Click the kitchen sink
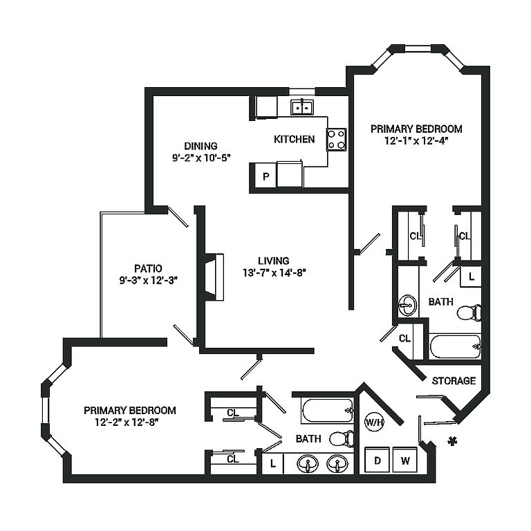(x=301, y=107)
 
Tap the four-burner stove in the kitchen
(x=336, y=140)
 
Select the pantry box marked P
(x=265, y=176)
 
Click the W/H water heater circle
(x=374, y=422)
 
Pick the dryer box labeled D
(x=378, y=460)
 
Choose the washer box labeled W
(x=405, y=460)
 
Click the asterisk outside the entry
(x=451, y=441)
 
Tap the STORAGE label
(x=454, y=381)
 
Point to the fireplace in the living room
(x=215, y=277)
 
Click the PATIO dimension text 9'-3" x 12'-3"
(x=149, y=281)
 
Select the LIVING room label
(x=274, y=261)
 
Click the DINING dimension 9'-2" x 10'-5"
(x=201, y=158)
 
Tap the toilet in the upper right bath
(x=469, y=313)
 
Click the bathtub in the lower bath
(x=327, y=411)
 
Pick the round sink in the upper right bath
(x=407, y=306)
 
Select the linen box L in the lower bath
(x=273, y=464)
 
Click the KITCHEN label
(x=295, y=139)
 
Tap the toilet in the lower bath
(x=342, y=439)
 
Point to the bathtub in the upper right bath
(x=455, y=346)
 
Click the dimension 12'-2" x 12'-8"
(x=127, y=422)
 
